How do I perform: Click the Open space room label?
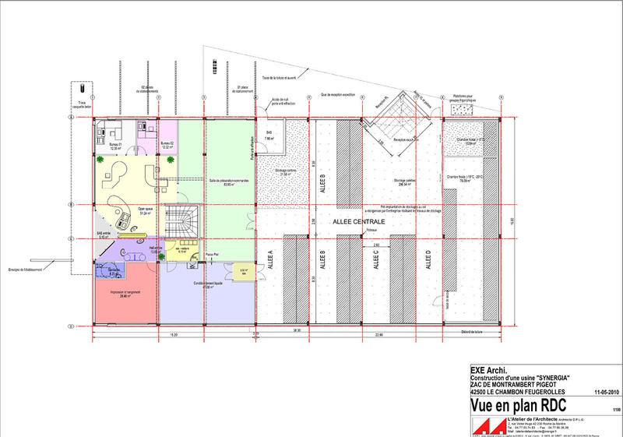pos(145,210)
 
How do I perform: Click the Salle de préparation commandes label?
pos(230,181)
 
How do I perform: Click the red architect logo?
pos(485,425)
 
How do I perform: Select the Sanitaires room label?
pos(114,270)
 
